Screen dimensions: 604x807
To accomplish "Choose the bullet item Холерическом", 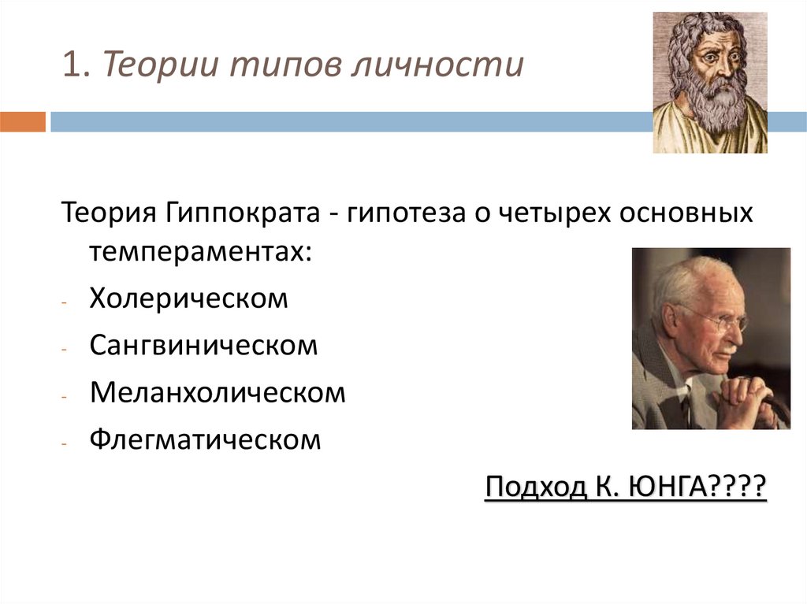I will [x=189, y=299].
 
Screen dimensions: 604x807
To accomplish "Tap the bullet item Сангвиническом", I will [x=203, y=346].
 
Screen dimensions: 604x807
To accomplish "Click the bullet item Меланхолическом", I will [x=218, y=392].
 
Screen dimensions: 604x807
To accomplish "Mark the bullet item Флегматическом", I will [x=205, y=439].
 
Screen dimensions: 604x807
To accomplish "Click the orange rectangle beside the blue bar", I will [x=23, y=122].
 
